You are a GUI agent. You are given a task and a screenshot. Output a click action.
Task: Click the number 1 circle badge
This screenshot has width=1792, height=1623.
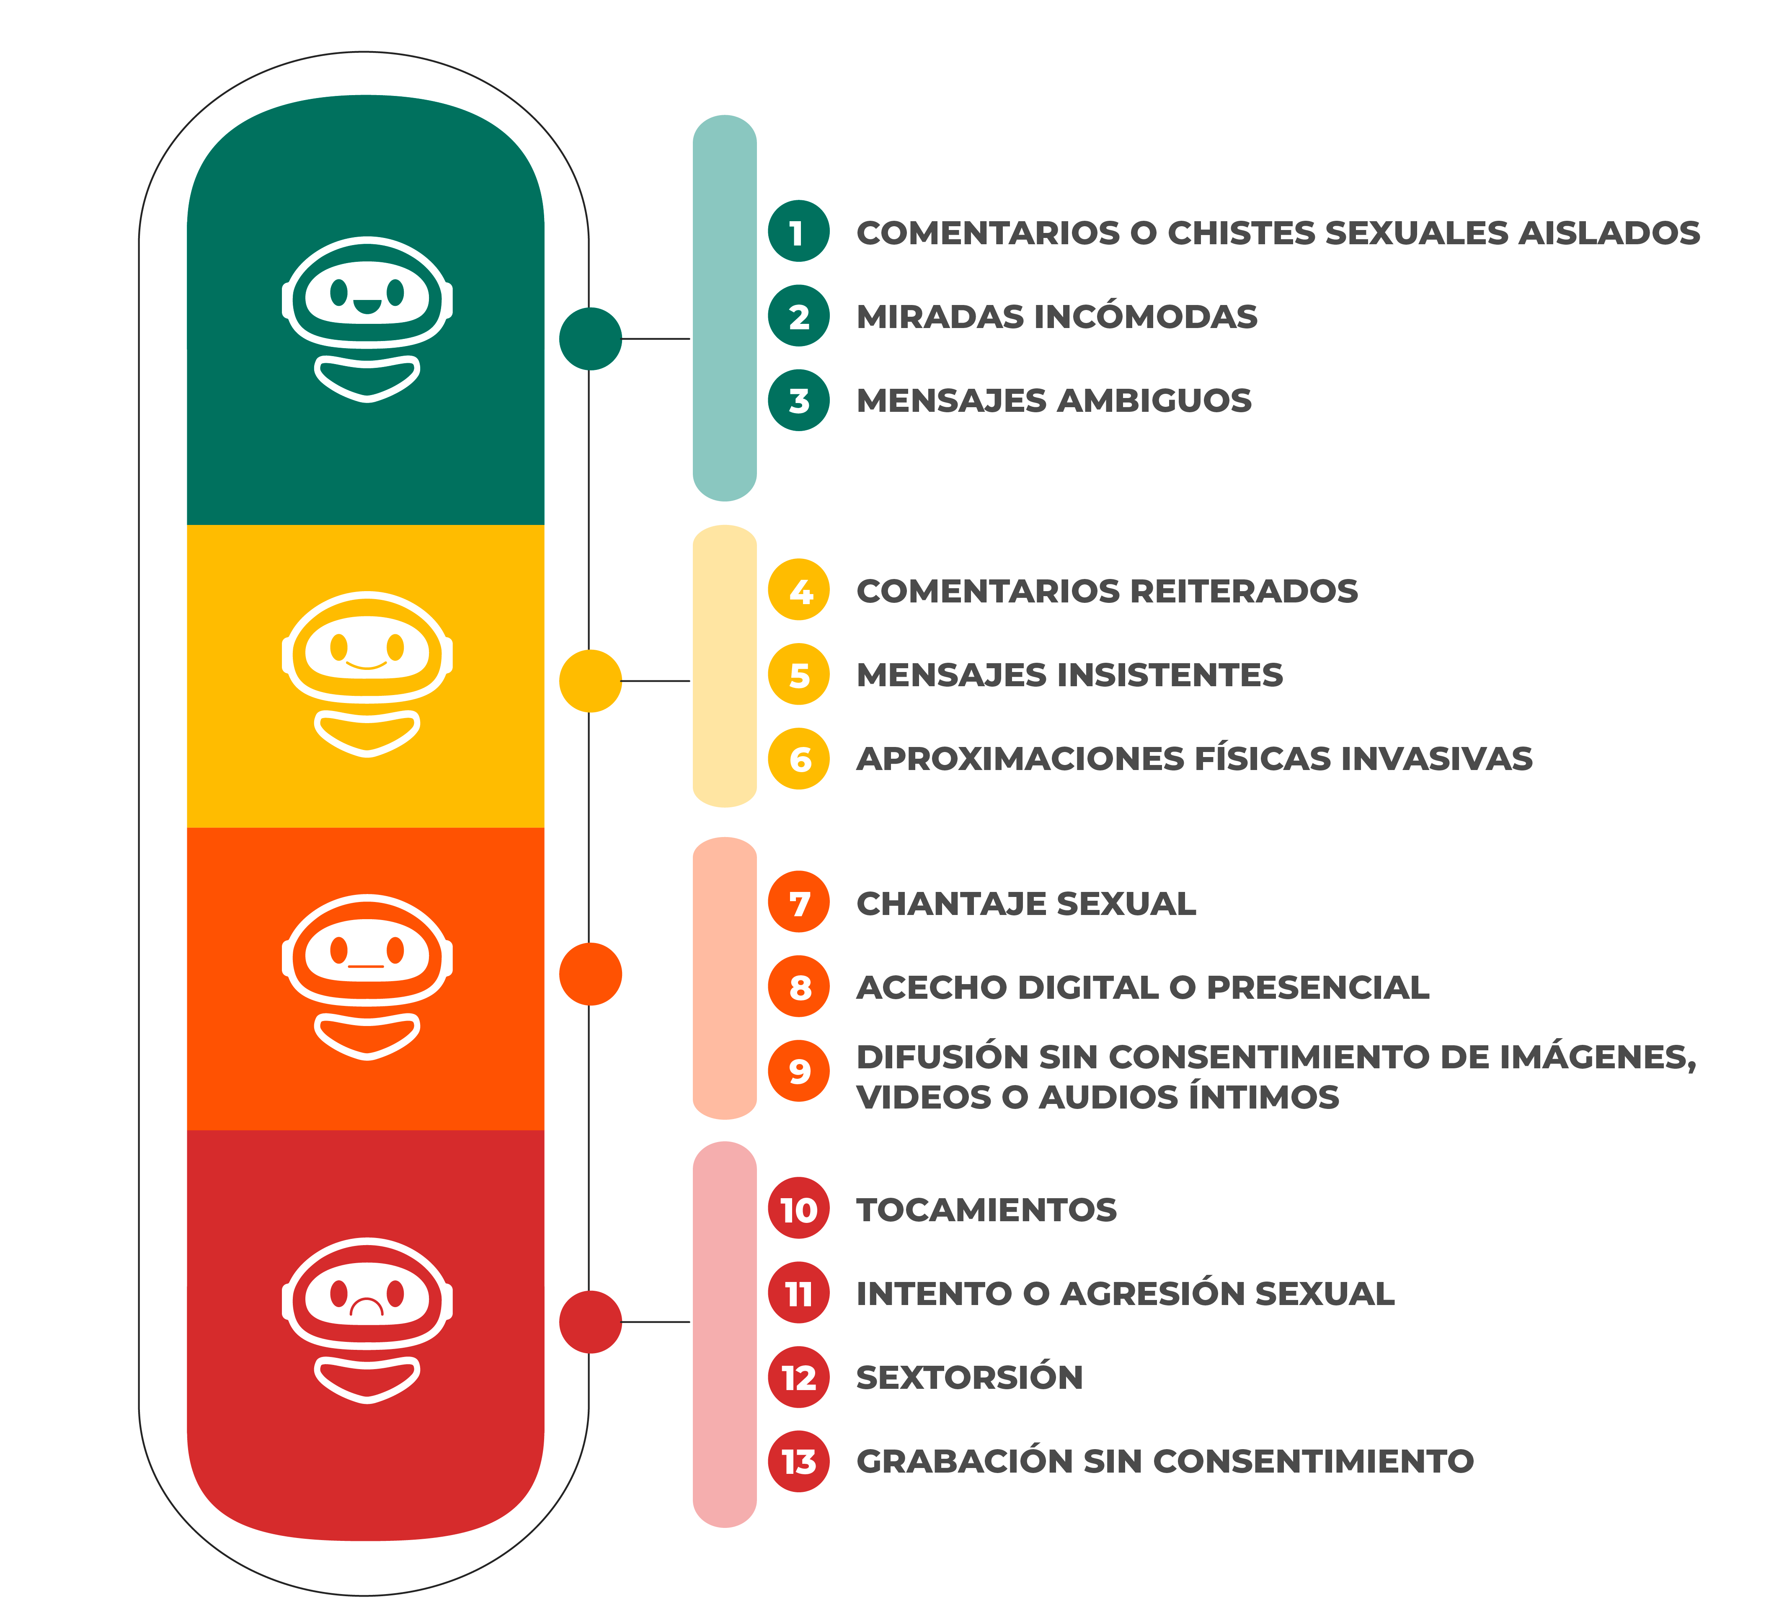[x=798, y=232]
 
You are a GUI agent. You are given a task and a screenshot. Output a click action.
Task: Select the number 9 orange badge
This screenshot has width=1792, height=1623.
[x=798, y=1071]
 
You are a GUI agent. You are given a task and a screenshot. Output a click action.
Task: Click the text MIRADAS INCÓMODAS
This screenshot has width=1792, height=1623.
[x=1056, y=316]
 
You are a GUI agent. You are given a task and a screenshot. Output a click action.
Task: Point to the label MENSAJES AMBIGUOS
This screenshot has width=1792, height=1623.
[x=1054, y=401]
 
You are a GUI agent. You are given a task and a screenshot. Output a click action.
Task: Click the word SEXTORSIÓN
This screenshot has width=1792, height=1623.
[x=969, y=1377]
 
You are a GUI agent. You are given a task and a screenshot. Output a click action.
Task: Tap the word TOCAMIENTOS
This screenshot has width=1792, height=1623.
[x=986, y=1209]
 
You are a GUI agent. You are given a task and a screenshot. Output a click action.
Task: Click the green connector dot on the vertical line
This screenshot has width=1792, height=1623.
[x=590, y=339]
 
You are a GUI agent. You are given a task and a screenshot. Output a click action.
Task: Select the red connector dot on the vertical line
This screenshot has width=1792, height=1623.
[x=590, y=1322]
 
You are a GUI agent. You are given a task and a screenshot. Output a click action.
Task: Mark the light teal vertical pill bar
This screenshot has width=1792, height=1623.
[x=724, y=308]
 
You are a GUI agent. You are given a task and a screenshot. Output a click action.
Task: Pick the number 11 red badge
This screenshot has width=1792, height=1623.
[x=798, y=1293]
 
